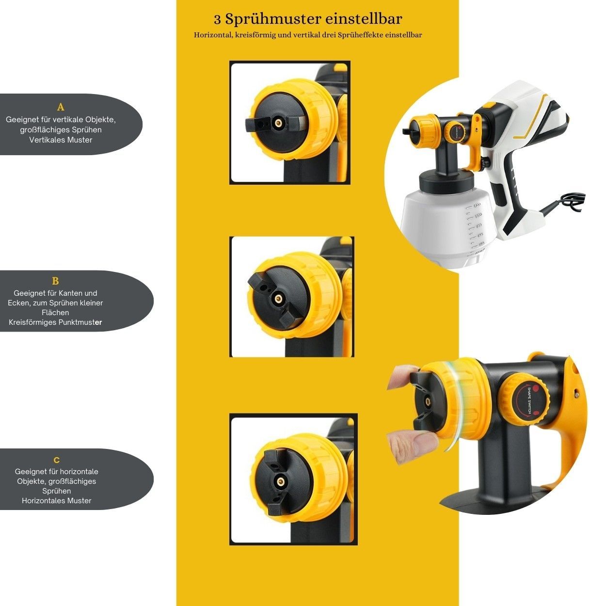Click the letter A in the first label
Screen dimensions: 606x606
point(61,108)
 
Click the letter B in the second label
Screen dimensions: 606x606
point(55,281)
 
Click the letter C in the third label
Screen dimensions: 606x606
point(57,461)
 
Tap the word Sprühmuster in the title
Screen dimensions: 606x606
point(273,19)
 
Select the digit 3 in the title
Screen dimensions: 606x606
point(217,20)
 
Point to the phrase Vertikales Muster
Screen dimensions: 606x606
point(61,140)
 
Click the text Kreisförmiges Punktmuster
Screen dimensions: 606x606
point(55,322)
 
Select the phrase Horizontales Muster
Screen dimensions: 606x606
point(57,501)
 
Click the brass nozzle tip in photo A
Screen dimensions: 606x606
point(278,123)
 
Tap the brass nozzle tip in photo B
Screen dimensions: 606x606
point(277,299)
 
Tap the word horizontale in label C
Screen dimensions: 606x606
point(79,472)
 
